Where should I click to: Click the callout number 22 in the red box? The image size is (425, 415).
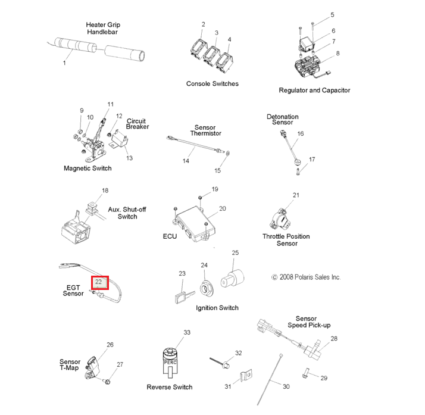99,282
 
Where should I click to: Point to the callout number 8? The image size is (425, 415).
337,54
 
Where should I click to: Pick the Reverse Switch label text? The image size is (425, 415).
170,387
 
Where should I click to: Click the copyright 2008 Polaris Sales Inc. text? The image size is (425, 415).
306,277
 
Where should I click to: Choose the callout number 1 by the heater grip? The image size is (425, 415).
64,63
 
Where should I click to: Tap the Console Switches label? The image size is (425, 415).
212,84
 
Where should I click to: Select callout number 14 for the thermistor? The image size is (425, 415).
186,161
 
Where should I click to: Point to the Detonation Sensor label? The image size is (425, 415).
282,120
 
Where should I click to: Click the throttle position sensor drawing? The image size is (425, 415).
285,219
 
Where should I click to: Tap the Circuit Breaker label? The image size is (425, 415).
137,124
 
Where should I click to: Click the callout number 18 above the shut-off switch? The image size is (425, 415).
105,191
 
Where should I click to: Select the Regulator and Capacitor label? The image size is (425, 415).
314,91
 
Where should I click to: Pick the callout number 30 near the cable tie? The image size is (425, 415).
286,386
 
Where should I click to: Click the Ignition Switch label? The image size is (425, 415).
217,308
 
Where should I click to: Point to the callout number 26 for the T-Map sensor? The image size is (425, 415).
110,345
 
